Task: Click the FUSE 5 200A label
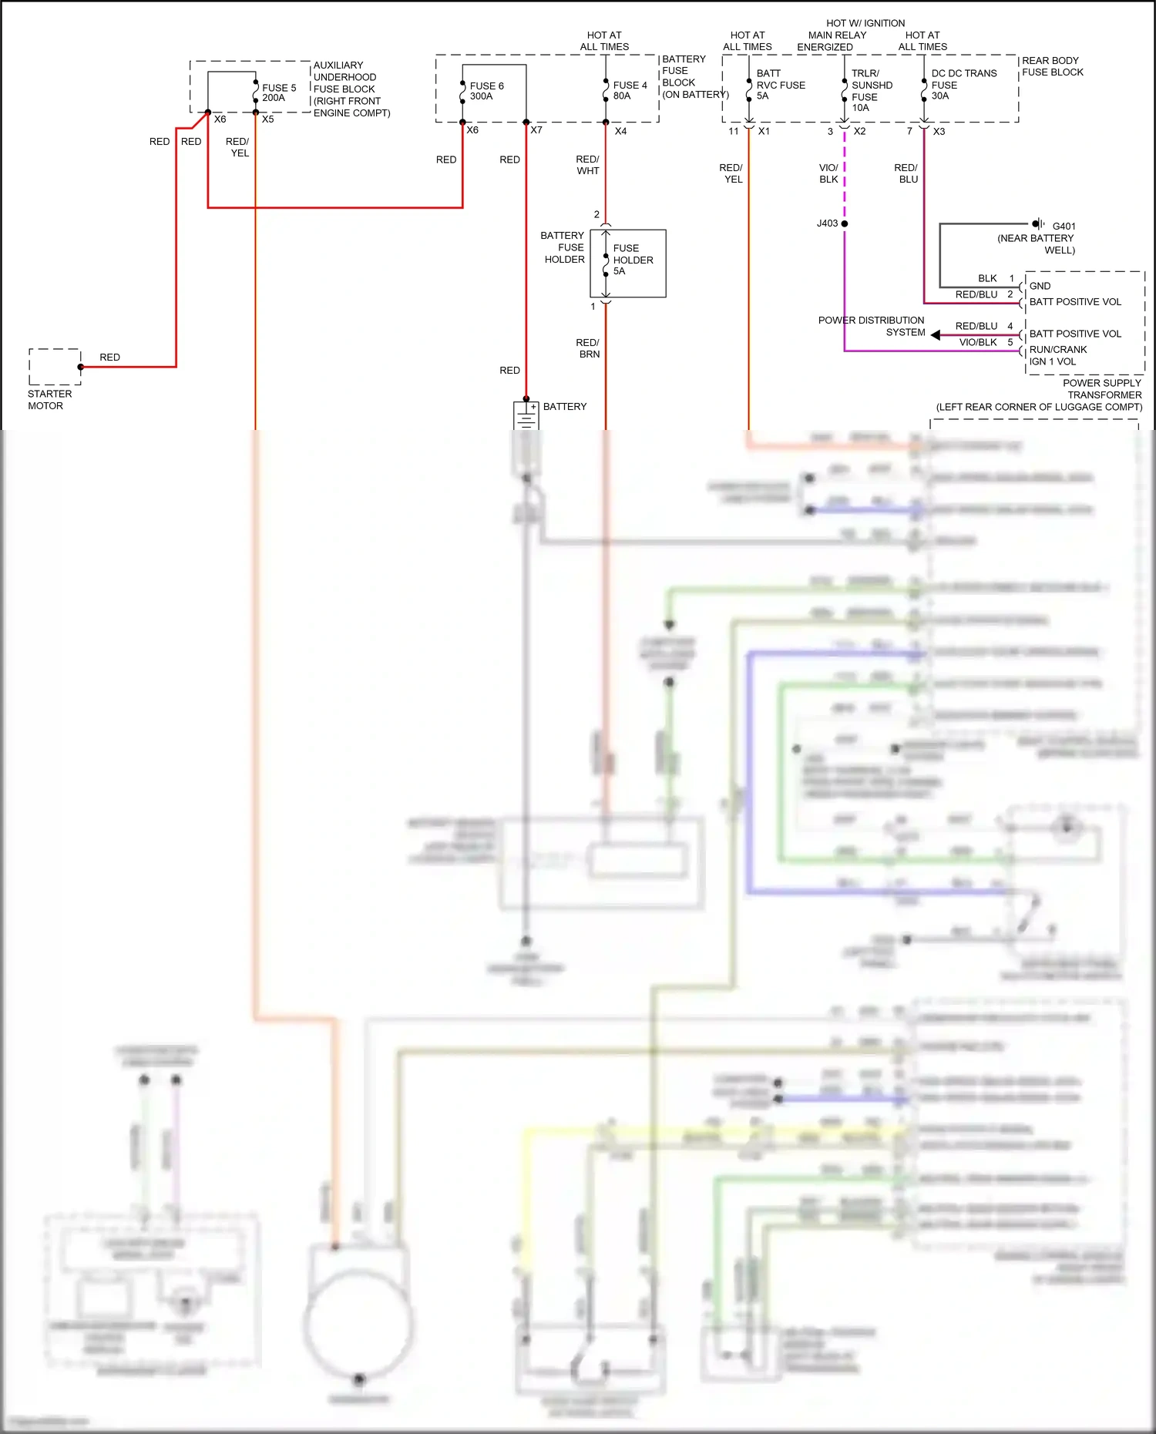pyautogui.click(x=278, y=92)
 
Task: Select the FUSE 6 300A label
pyautogui.click(x=486, y=91)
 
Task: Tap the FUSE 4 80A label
pyautogui.click(x=630, y=90)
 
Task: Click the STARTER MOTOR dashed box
pyautogui.click(x=55, y=367)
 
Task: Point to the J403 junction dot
pyautogui.click(x=845, y=223)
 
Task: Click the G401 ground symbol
pyautogui.click(x=1038, y=224)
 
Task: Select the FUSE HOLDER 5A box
pyautogui.click(x=628, y=264)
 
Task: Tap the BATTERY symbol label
pyautogui.click(x=564, y=406)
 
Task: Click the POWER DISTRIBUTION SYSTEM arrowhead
pyautogui.click(x=936, y=334)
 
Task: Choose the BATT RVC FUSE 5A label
pyautogui.click(x=780, y=85)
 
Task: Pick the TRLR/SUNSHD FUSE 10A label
pyautogui.click(x=872, y=90)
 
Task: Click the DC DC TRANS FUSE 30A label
pyautogui.click(x=963, y=84)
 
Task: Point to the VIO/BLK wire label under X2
pyautogui.click(x=828, y=173)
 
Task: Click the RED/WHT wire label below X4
pyautogui.click(x=587, y=165)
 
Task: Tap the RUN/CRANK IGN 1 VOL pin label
pyautogui.click(x=1057, y=355)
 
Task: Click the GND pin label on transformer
pyautogui.click(x=1040, y=286)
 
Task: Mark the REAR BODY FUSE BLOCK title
pyautogui.click(x=1052, y=66)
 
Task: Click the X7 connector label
pyautogui.click(x=536, y=130)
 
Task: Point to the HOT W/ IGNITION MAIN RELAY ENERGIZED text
pyautogui.click(x=838, y=35)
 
